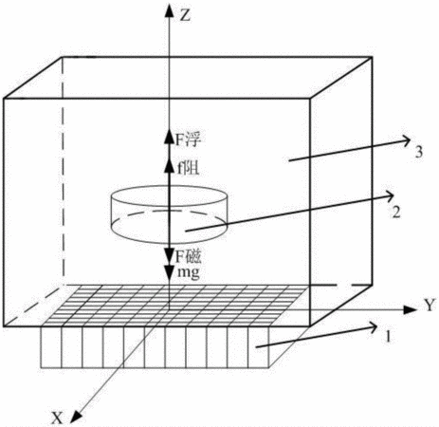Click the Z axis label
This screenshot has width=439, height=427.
point(185,15)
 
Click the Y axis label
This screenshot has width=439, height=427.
point(430,306)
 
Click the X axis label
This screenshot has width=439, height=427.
point(57,418)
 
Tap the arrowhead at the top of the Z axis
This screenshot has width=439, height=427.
point(170,10)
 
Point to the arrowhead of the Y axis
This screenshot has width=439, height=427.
point(411,310)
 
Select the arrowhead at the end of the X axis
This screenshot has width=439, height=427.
point(75,417)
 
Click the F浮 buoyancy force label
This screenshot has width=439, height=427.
point(189,139)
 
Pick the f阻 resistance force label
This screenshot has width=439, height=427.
point(189,168)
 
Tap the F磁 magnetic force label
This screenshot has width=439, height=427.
point(189,256)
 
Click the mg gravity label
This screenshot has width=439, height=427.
point(189,272)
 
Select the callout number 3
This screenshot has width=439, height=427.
point(418,152)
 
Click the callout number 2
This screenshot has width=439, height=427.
point(395,212)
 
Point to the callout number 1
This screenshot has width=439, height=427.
point(388,337)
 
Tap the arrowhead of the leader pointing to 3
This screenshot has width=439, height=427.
point(406,139)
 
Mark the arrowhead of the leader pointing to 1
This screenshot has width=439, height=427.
point(371,327)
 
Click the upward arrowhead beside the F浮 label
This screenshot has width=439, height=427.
point(170,137)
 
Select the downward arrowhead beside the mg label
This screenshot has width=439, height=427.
point(170,274)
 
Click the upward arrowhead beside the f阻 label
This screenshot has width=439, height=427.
point(170,165)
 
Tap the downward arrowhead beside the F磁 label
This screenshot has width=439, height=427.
point(170,254)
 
